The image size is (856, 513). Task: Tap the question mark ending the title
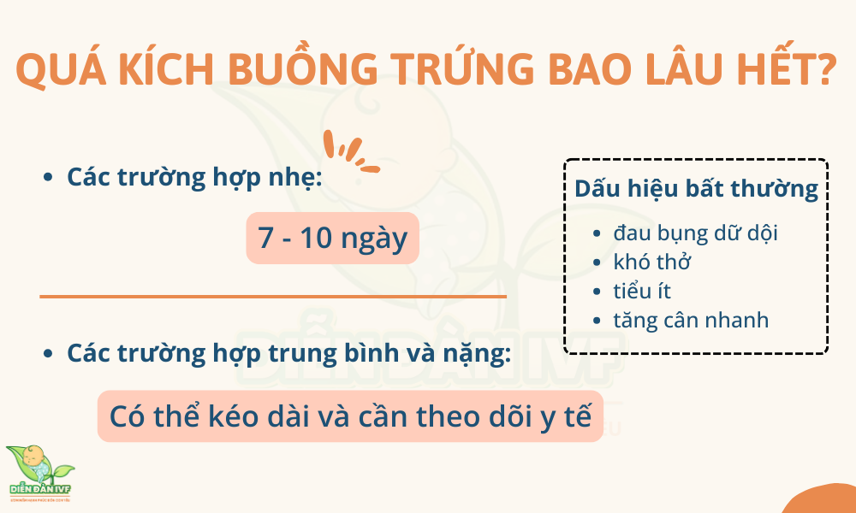825,68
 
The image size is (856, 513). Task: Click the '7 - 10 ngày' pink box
333,238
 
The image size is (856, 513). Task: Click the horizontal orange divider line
273,297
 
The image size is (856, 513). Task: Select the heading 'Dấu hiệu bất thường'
696,189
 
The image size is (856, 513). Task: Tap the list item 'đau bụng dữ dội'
695,232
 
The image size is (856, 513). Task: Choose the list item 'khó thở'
652,262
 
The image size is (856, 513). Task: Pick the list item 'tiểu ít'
642,291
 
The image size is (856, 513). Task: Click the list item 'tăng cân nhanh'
691,320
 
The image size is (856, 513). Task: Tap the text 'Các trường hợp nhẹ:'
194,177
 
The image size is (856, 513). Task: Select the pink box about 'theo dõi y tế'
350,416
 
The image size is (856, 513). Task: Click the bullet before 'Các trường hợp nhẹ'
48,178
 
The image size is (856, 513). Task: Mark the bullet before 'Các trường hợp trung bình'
48,353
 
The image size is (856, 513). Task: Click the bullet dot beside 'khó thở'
597,262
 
